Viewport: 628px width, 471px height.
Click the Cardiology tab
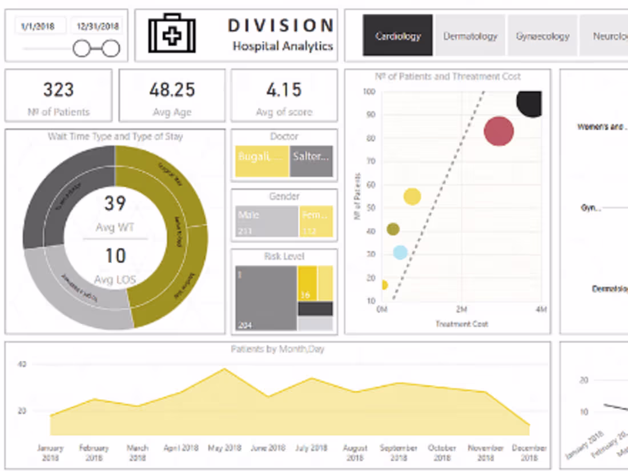pos(398,36)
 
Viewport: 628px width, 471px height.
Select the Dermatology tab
pos(470,36)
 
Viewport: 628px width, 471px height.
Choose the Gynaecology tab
pos(542,36)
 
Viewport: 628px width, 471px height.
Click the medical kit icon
pos(172,34)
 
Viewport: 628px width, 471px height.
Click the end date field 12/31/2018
pos(98,26)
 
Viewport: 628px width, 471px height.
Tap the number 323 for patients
pos(59,90)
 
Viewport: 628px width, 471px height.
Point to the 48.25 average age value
pos(172,90)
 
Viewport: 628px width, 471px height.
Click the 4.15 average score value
pos(284,90)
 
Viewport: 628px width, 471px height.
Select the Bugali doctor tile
pos(261,161)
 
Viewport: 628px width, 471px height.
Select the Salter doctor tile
pos(311,161)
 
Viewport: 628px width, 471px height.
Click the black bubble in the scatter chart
pos(531,102)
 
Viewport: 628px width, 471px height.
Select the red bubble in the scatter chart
pos(499,131)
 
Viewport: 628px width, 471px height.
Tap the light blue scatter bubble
pos(400,252)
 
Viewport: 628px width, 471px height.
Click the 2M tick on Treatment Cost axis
pos(461,309)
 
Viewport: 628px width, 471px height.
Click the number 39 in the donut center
pos(115,203)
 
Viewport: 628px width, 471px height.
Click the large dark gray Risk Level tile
pos(265,297)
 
